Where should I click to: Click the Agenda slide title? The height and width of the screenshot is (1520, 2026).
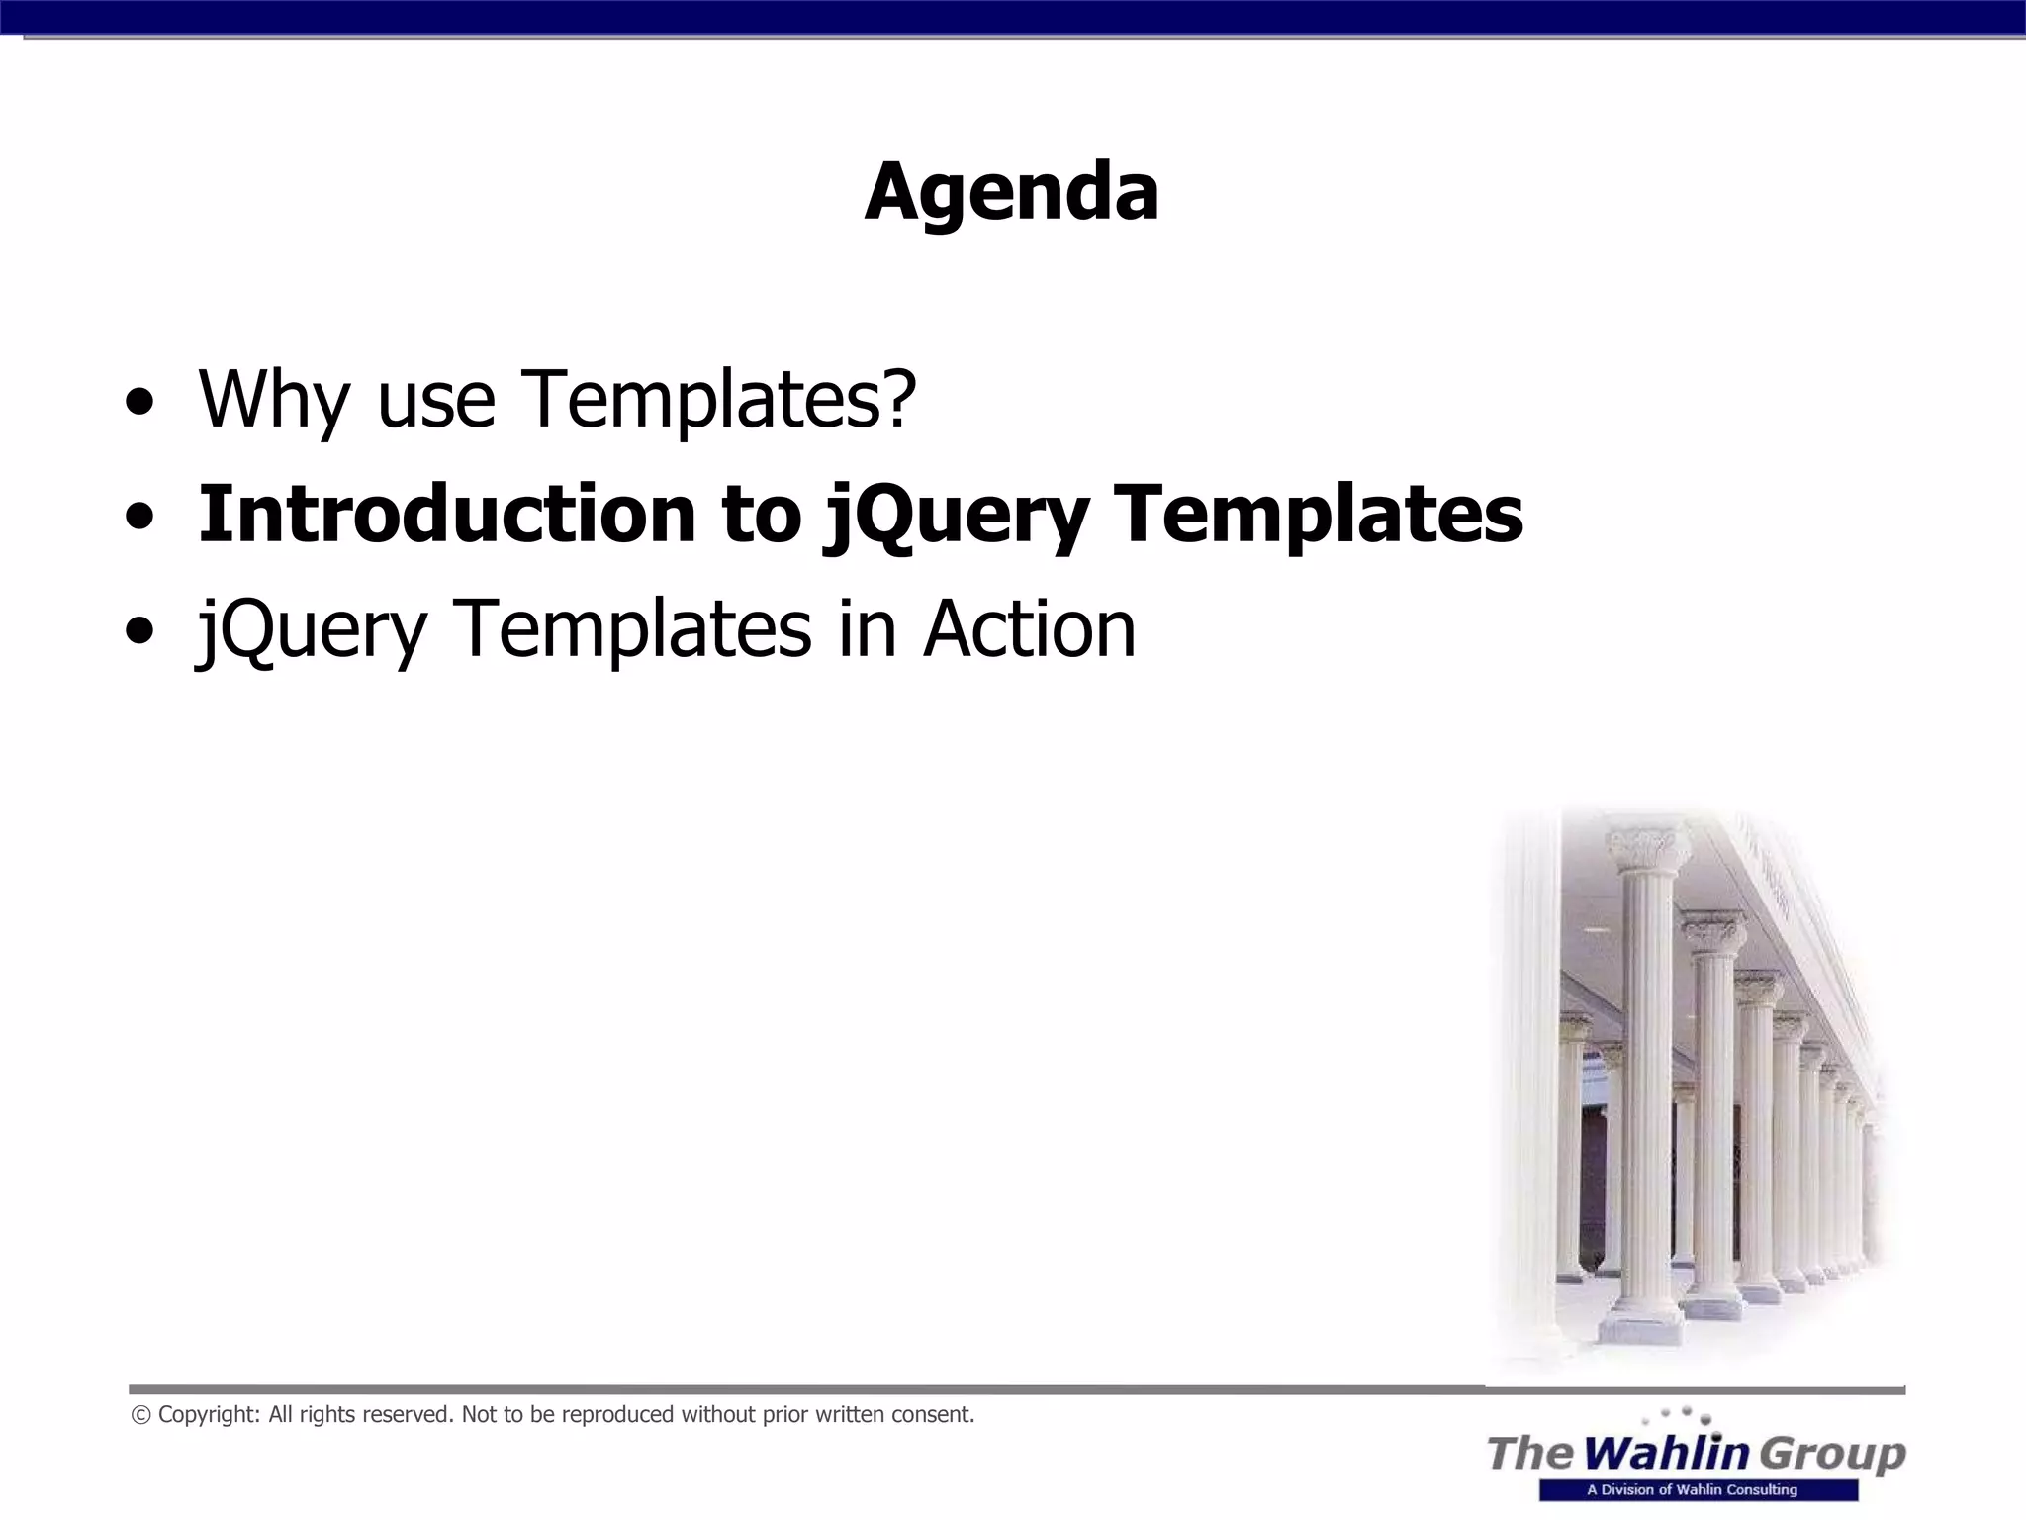(x=1011, y=192)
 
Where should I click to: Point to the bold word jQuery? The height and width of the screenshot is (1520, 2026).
(x=956, y=517)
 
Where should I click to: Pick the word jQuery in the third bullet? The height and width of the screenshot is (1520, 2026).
(x=313, y=631)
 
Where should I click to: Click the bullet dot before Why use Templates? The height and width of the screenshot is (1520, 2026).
(x=139, y=404)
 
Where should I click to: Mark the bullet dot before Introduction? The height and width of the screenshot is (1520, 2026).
(x=139, y=518)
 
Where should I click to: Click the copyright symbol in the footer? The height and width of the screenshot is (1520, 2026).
(x=140, y=1415)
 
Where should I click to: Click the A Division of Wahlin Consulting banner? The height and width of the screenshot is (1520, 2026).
(x=1698, y=1490)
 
